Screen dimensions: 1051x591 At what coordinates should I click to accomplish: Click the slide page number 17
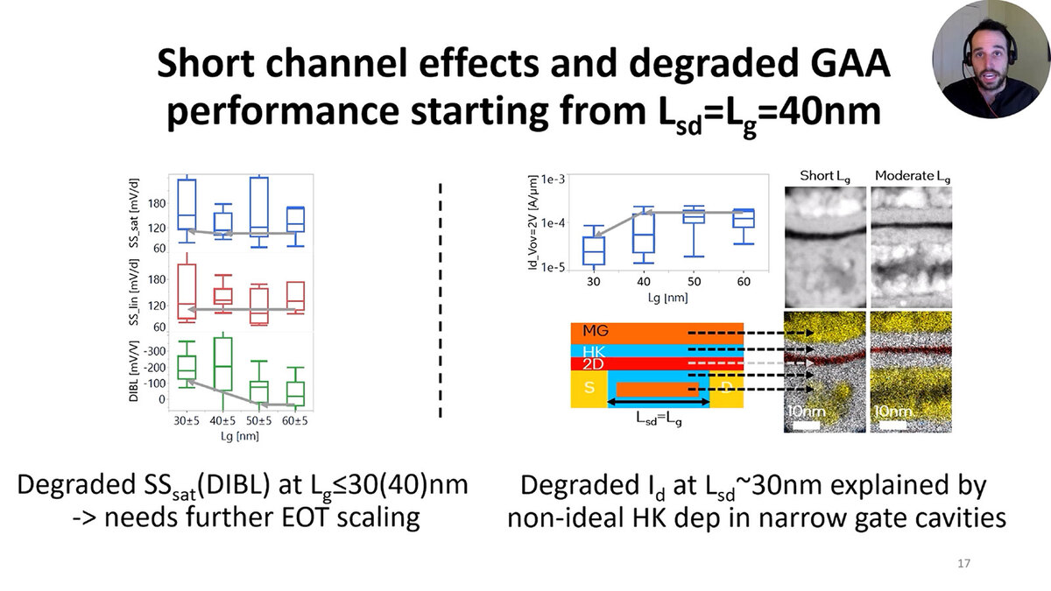click(963, 563)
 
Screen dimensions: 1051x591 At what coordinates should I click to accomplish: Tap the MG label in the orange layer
click(596, 331)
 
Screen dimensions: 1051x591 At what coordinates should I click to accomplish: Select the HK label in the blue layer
click(594, 351)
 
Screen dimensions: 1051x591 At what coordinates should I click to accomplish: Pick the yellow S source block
click(589, 389)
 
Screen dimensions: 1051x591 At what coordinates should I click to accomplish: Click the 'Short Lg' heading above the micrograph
click(825, 176)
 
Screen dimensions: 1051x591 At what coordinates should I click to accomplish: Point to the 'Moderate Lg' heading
click(913, 176)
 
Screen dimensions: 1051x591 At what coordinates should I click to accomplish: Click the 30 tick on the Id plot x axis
click(594, 281)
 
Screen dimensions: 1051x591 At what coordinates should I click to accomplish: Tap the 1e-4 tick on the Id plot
click(553, 222)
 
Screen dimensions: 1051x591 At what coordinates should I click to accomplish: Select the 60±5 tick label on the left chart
click(294, 421)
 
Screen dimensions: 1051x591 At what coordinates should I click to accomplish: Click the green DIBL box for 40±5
click(222, 364)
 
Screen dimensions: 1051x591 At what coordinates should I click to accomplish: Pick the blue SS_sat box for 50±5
click(259, 207)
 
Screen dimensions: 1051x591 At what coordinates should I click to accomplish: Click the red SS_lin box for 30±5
click(187, 292)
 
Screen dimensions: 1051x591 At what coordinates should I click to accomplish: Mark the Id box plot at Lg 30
click(594, 250)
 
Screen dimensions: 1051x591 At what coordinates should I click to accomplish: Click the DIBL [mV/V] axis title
click(134, 371)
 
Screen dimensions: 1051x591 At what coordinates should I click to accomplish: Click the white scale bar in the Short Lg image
click(806, 425)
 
